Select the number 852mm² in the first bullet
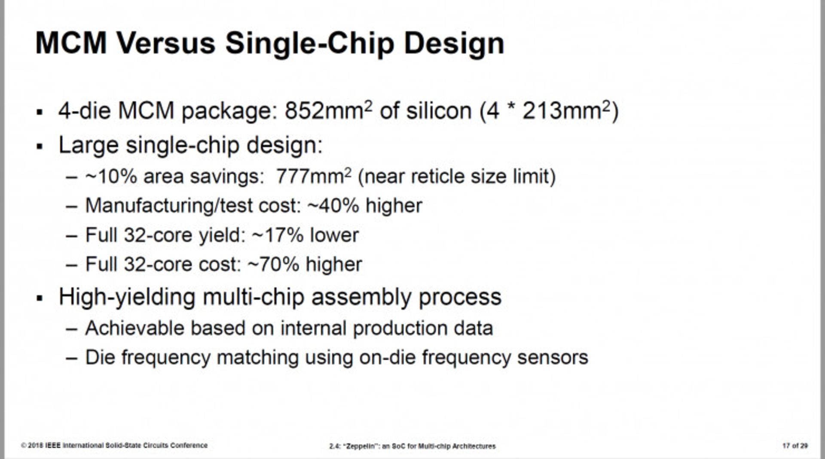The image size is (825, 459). [x=328, y=111]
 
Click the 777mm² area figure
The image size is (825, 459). [x=313, y=176]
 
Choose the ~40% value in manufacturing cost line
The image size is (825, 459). [x=333, y=206]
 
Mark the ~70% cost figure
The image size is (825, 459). [x=273, y=264]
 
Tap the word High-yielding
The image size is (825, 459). [x=127, y=297]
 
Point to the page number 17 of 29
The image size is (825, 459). [x=795, y=446]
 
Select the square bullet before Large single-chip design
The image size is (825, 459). [x=40, y=147]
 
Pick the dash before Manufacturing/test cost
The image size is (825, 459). [x=72, y=206]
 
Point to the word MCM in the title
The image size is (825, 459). [x=71, y=43]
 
